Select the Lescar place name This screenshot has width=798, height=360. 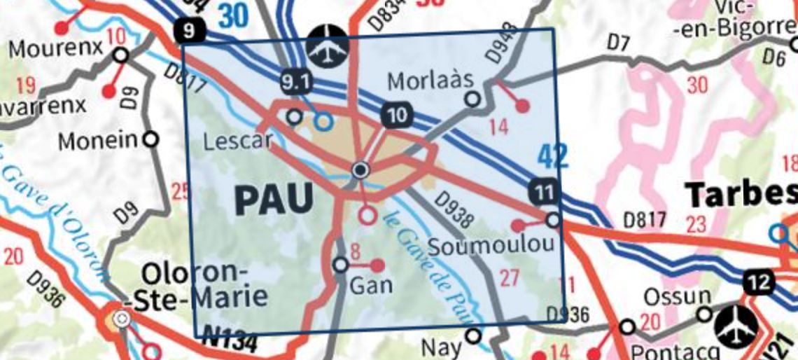point(237,142)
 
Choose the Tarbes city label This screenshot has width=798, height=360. point(741,193)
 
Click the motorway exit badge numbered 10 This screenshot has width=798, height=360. point(396,115)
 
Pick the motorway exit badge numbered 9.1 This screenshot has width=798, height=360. point(295,83)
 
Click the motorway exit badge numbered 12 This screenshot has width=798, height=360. point(760,283)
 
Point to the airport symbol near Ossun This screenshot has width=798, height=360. point(736,326)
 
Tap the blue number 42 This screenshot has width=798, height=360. point(552,157)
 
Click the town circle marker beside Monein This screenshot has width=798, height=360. point(150,139)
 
